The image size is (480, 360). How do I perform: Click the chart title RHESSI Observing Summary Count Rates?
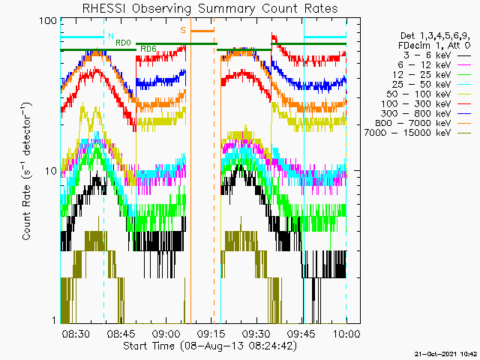click(x=210, y=9)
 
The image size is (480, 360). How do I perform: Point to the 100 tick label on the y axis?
click(x=48, y=21)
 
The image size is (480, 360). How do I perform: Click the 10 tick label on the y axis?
click(x=51, y=171)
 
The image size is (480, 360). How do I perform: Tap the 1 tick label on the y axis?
click(x=55, y=320)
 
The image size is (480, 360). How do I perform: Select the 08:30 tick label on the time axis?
click(x=76, y=333)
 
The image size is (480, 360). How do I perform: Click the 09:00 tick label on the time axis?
click(x=166, y=333)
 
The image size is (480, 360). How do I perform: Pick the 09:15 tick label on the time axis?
click(x=211, y=333)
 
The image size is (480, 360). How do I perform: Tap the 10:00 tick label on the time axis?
click(x=346, y=333)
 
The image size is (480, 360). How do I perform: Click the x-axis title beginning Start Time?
click(x=210, y=346)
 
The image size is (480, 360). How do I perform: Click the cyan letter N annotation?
click(x=111, y=36)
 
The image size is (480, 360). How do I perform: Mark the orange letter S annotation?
click(x=183, y=30)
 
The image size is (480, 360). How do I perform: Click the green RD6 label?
click(x=148, y=49)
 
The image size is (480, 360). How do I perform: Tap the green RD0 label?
click(x=123, y=43)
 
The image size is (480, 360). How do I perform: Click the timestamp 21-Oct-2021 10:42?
click(x=445, y=354)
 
